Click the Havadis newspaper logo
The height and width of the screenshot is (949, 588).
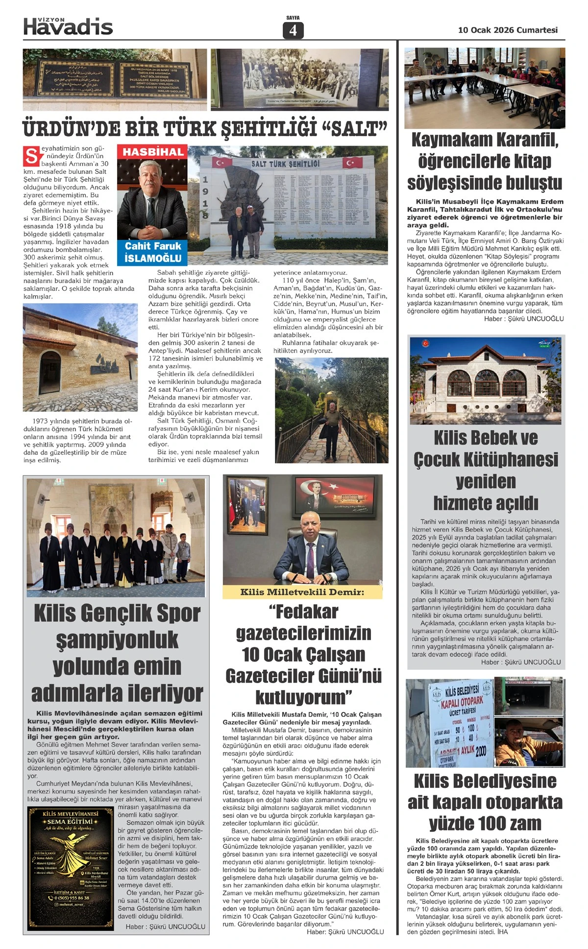pyautogui.click(x=68, y=26)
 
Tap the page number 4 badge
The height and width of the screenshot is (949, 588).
pyautogui.click(x=293, y=30)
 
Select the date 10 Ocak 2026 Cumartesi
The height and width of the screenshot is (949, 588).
pyautogui.click(x=508, y=30)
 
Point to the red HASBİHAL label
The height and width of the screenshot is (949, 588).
pyautogui.click(x=153, y=152)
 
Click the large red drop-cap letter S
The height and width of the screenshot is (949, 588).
pyautogui.click(x=31, y=157)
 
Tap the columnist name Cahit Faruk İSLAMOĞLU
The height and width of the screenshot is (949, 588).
pyautogui.click(x=153, y=252)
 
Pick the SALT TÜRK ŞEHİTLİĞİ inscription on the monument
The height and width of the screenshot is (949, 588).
pyautogui.click(x=285, y=164)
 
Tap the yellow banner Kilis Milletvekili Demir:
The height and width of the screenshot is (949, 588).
pyautogui.click(x=302, y=592)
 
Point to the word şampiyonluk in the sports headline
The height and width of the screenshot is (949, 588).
pyautogui.click(x=117, y=640)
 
